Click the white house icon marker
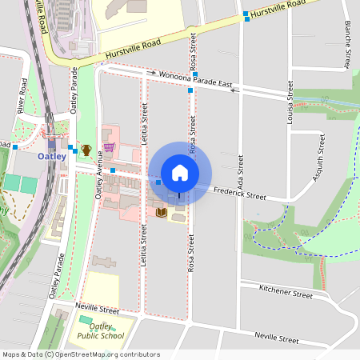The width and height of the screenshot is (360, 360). pyautogui.click(x=180, y=172)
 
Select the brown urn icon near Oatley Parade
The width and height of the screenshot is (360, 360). pyautogui.click(x=86, y=150)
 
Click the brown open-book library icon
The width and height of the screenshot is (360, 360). pyautogui.click(x=162, y=212)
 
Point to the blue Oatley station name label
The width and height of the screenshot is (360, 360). pyautogui.click(x=52, y=156)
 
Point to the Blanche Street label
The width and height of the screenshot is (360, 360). pyautogui.click(x=349, y=44)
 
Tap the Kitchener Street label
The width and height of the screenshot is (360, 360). pyautogui.click(x=287, y=294)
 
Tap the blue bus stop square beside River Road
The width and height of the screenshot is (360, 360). pyautogui.click(x=15, y=147)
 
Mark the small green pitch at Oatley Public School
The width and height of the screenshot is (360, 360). pyautogui.click(x=85, y=320)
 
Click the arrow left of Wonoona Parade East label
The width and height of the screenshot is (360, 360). pyautogui.click(x=151, y=73)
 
